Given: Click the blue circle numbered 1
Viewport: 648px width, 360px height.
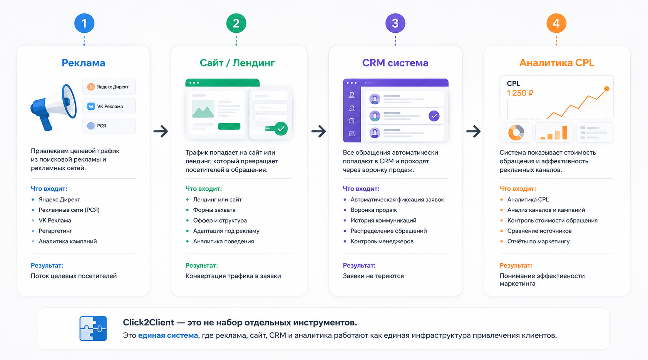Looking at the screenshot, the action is tap(84, 23).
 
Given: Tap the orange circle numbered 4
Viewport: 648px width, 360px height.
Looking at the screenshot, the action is tap(556, 23).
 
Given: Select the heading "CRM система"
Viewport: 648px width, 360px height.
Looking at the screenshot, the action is tap(395, 63).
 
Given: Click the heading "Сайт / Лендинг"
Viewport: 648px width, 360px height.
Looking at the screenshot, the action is tap(237, 63).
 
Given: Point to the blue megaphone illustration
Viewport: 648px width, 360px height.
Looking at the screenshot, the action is tap(54, 107).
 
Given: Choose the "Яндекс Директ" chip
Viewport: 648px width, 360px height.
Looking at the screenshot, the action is tap(109, 87).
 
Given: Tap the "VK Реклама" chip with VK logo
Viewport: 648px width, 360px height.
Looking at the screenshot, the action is tap(109, 106).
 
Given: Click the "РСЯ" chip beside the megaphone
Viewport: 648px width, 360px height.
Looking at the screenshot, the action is tap(109, 126).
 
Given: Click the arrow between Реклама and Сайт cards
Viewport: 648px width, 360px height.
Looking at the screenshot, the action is tap(161, 131).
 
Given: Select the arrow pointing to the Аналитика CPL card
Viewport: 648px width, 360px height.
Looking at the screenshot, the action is tap(473, 131).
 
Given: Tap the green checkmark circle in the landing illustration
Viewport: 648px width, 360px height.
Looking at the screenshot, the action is tap(281, 129).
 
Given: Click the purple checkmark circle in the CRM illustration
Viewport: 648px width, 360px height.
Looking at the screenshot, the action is tap(434, 116).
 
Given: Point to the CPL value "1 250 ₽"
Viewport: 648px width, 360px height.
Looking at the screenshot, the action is tap(520, 93).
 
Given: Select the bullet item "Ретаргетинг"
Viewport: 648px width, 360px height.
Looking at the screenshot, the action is tap(55, 231).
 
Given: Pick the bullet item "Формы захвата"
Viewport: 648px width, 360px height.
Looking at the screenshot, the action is tap(214, 210).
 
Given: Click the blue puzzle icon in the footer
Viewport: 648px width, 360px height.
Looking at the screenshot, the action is tap(93, 328).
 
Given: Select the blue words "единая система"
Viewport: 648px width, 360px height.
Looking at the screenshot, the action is tap(168, 335).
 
